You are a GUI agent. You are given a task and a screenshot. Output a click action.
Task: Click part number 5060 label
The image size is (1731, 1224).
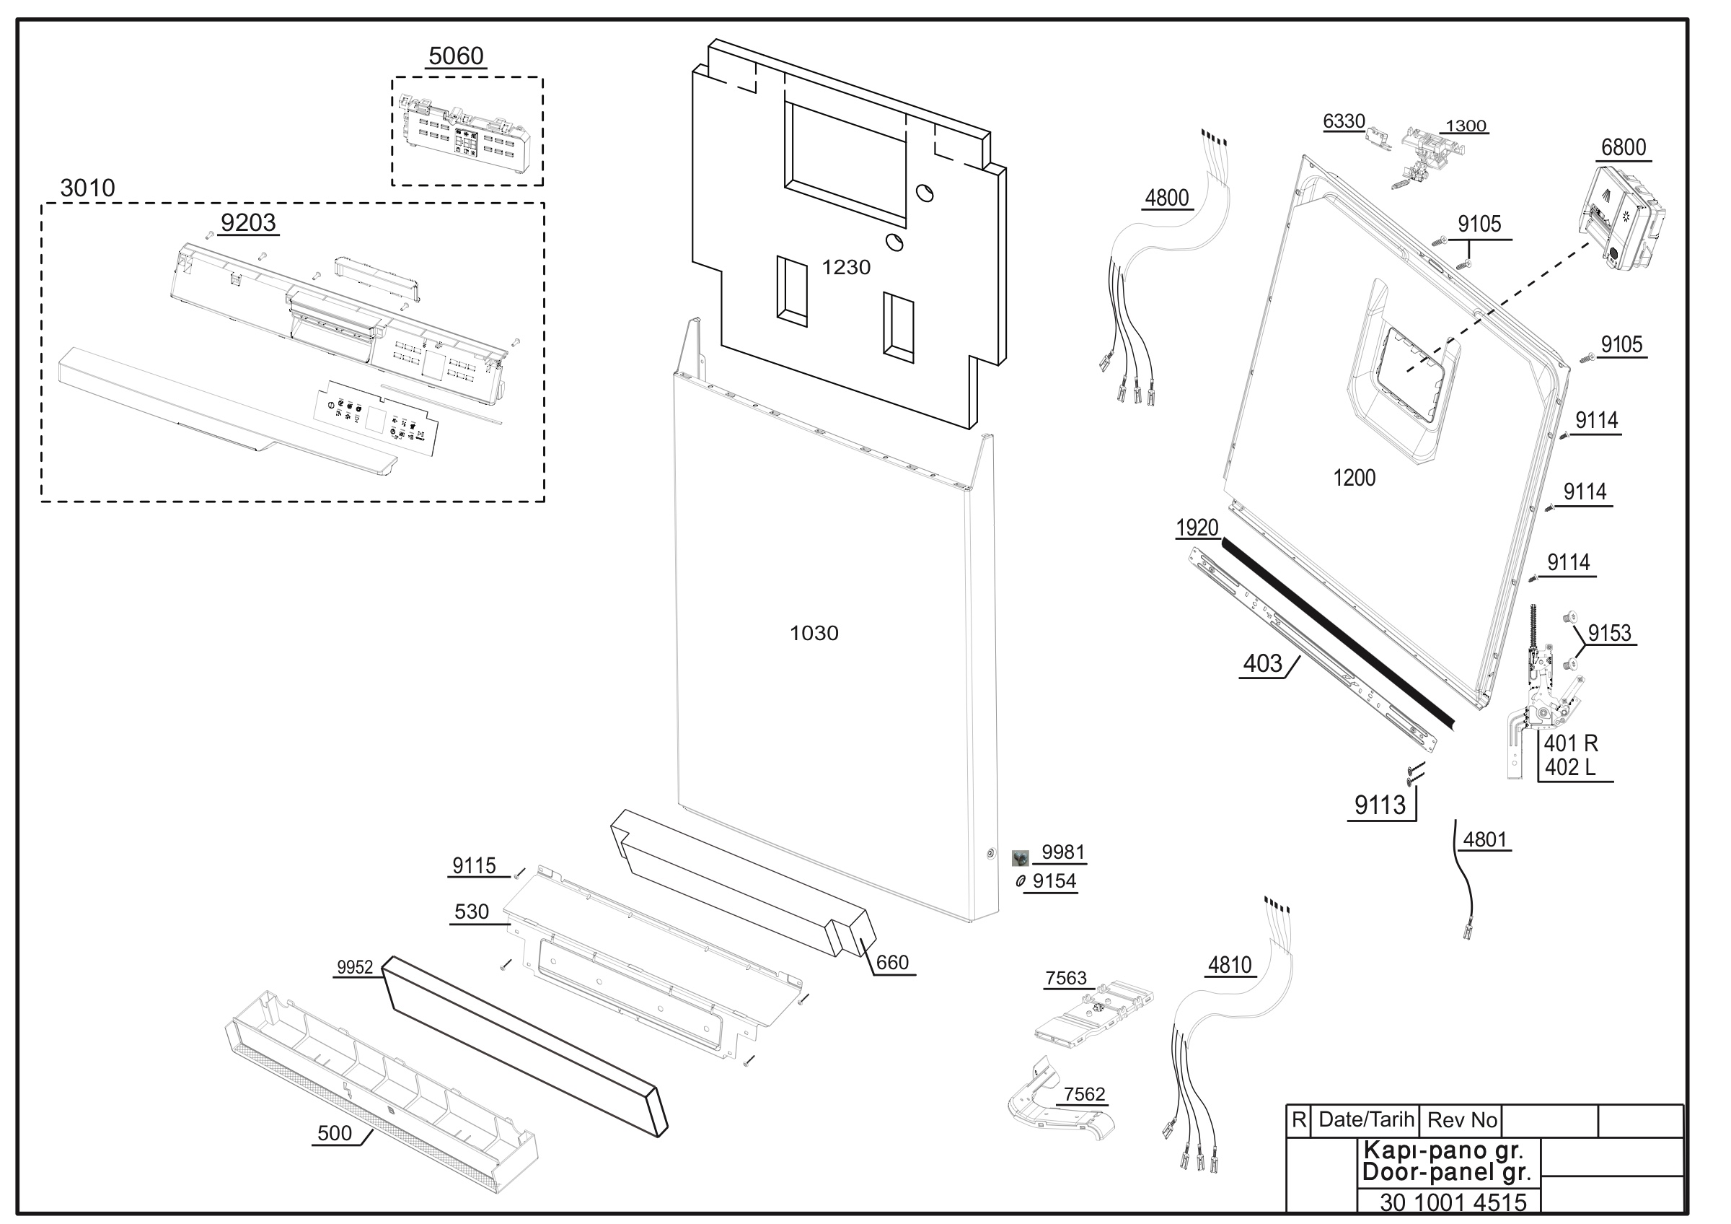tap(456, 56)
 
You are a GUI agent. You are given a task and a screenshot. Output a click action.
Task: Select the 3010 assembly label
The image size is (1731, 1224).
tap(87, 188)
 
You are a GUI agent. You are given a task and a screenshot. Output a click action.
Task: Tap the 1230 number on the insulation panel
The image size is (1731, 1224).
tap(846, 267)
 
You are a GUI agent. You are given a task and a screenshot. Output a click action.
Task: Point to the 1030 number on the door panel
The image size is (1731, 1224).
tap(814, 633)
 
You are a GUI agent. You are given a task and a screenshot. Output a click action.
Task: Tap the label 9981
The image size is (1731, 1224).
tap(1063, 852)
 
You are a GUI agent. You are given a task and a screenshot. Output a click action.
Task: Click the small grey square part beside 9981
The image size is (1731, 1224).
tap(1020, 857)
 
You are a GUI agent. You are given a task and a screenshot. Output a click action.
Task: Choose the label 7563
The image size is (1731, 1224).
tap(1065, 978)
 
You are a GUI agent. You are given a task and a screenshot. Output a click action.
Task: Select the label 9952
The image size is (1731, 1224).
tap(355, 968)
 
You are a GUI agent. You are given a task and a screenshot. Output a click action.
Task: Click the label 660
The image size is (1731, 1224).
tap(892, 962)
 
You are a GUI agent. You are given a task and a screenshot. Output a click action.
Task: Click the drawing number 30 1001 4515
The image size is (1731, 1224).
tap(1453, 1202)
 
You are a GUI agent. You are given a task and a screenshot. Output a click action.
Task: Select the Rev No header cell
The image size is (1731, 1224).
tap(1462, 1121)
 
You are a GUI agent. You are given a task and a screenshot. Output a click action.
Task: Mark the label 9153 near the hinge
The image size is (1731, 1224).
tap(1610, 633)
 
